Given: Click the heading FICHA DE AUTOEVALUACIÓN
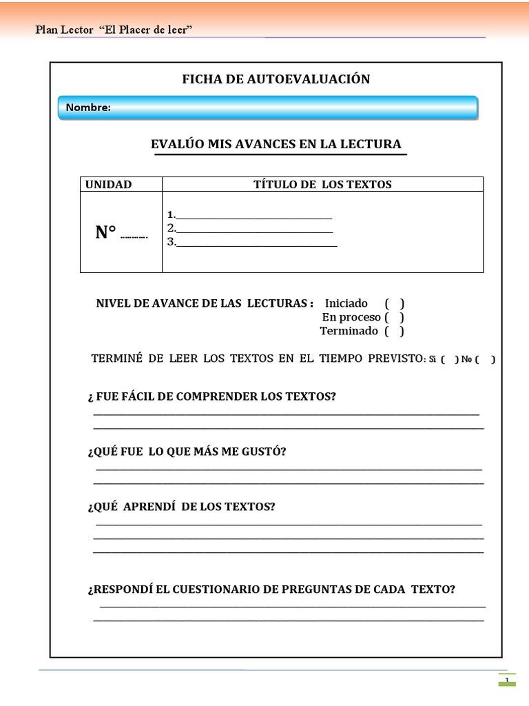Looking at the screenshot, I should point(276,79).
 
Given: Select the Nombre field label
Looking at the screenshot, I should point(88,108).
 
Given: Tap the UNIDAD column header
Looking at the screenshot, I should point(108,184).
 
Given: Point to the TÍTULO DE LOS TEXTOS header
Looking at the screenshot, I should point(322,184).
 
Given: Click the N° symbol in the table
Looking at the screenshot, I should point(106,233).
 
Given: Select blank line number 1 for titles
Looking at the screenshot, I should point(253,215).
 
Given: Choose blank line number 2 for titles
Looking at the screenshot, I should point(254,229).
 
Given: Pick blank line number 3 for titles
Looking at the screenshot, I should point(256,243).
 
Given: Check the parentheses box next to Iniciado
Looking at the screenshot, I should point(394,303).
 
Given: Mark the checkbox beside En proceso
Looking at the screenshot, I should point(394,317).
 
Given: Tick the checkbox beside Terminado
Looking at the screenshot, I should point(394,331).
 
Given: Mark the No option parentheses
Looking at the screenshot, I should point(485,359).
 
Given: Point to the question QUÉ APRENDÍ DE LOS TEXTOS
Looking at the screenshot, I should point(181,507).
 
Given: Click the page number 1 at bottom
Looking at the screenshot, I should point(507,681).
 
